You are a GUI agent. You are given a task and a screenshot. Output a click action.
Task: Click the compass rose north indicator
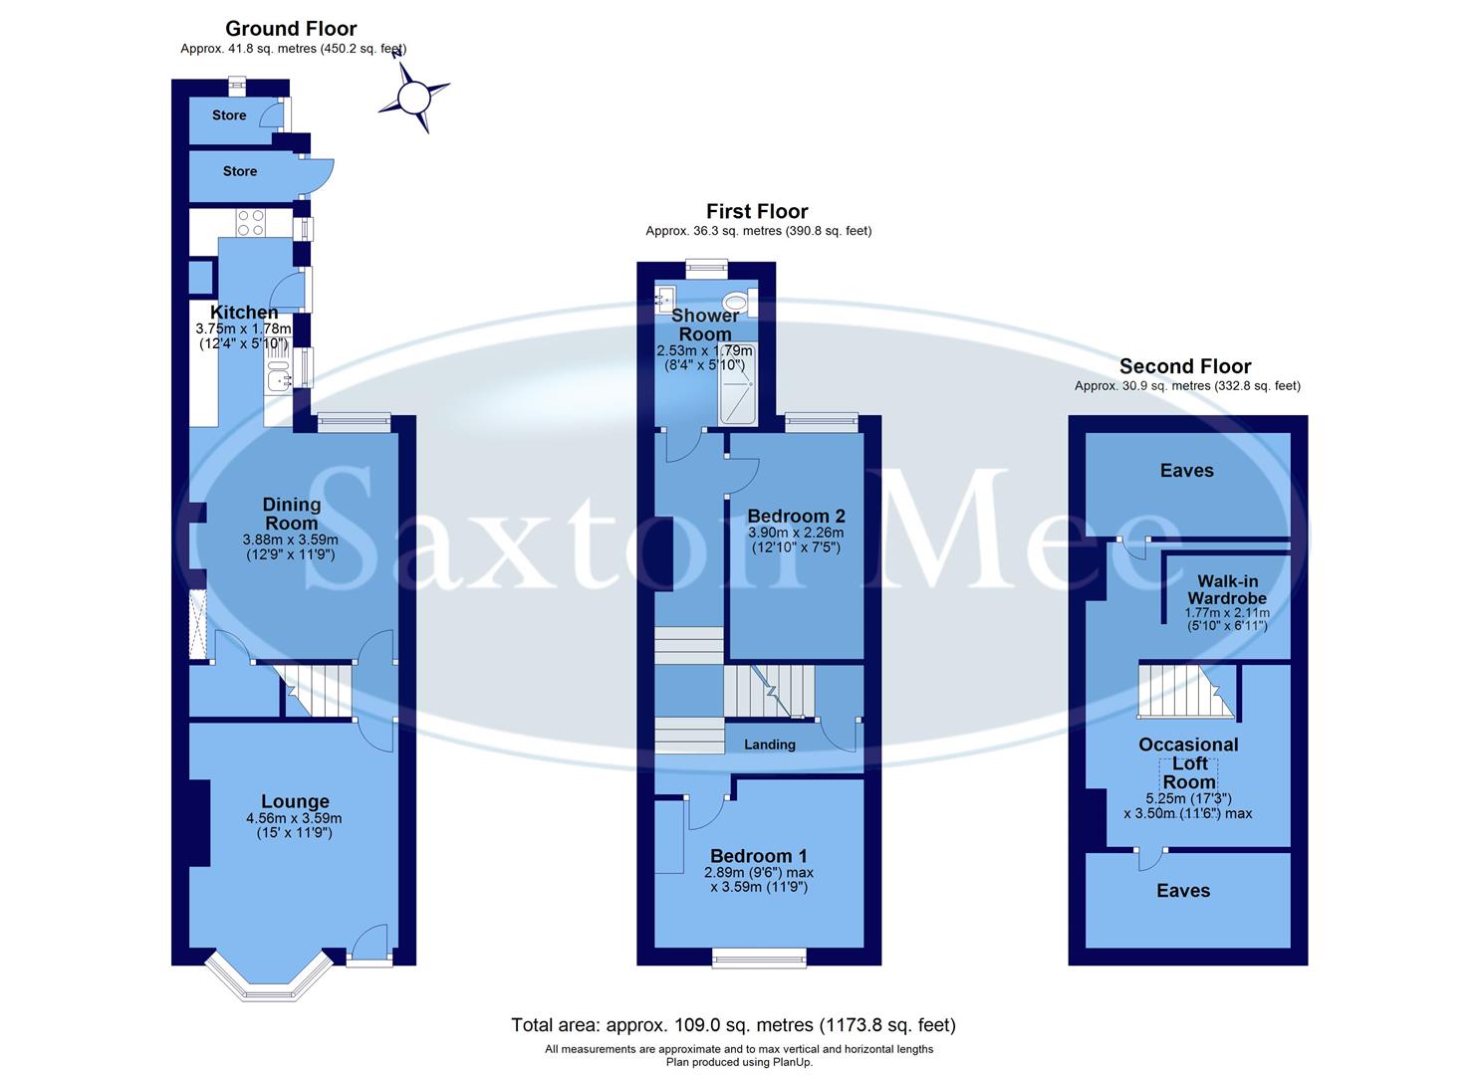click(412, 97)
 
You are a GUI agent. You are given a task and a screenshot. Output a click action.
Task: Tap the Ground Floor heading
click(291, 29)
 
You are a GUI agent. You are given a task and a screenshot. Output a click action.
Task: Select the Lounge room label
click(295, 801)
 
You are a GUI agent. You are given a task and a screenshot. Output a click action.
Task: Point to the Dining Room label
click(291, 514)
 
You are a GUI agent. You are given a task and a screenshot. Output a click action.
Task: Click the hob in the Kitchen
click(251, 223)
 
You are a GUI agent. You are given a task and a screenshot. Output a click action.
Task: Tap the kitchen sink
click(276, 377)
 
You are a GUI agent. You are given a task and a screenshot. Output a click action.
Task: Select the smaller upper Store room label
click(229, 115)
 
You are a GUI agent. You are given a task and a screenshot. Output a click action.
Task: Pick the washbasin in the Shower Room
click(664, 297)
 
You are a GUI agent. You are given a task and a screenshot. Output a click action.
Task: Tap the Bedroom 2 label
click(796, 516)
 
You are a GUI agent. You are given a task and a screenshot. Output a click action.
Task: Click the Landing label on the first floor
click(770, 745)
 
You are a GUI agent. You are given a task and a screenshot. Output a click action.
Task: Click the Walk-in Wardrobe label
click(1227, 589)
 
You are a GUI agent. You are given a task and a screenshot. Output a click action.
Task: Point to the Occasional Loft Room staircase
click(1185, 692)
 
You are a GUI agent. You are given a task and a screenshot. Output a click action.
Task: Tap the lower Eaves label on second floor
click(1183, 891)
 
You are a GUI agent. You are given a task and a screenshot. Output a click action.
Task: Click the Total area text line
click(733, 1024)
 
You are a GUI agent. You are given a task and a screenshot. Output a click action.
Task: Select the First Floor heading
click(757, 211)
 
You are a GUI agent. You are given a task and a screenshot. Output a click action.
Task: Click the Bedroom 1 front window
click(759, 958)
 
